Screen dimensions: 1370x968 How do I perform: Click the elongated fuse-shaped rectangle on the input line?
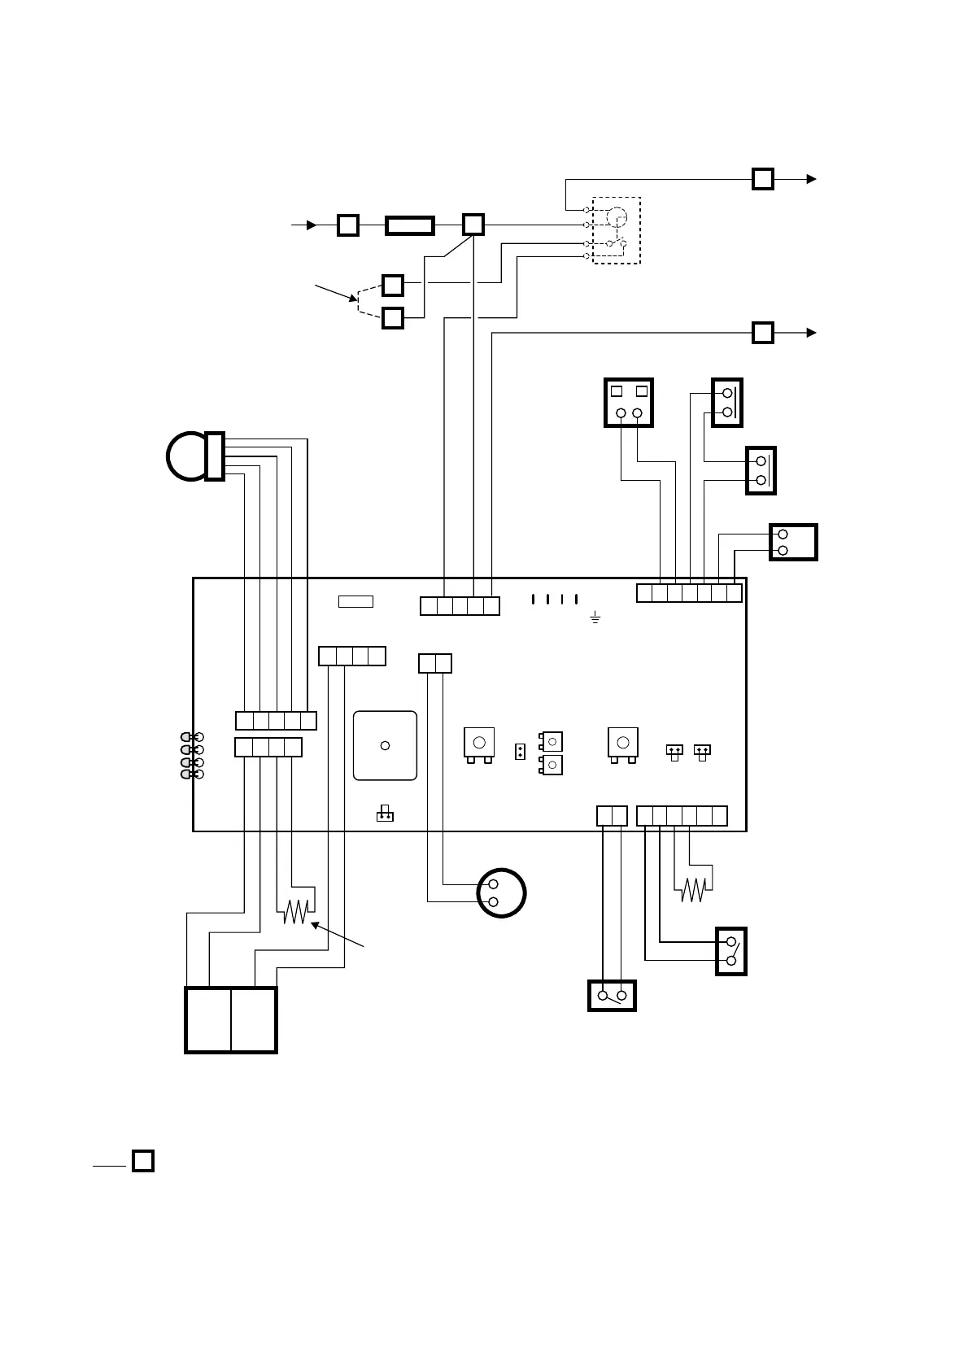[x=409, y=225]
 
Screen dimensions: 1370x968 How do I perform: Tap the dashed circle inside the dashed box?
[x=617, y=218]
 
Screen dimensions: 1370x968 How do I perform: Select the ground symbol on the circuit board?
[x=595, y=620]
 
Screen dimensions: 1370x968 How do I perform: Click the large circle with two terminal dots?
[x=501, y=893]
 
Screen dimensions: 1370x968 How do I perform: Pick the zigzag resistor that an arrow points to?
[x=296, y=912]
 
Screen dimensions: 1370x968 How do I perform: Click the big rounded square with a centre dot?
[x=386, y=745]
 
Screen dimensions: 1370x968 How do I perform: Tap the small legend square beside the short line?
[x=143, y=1160]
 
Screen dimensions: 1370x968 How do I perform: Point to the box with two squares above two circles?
[x=629, y=402]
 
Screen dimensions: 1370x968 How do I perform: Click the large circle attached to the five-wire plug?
[x=187, y=456]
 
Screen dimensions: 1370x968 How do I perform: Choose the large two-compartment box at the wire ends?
[x=231, y=1020]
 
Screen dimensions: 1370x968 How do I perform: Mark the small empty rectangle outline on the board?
[x=355, y=602]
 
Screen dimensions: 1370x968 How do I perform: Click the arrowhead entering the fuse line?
[x=310, y=225]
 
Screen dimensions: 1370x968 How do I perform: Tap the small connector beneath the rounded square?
[x=386, y=814]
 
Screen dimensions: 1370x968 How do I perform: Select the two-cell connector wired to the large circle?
[x=435, y=664]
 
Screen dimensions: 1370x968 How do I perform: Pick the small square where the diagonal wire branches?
[x=473, y=225]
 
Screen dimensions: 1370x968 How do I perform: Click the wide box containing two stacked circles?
[x=793, y=543]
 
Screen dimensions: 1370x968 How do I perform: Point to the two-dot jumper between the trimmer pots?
[x=520, y=751]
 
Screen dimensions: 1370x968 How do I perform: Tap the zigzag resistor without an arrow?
[x=693, y=890]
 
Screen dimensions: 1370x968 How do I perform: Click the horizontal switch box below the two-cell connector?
[x=612, y=996]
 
